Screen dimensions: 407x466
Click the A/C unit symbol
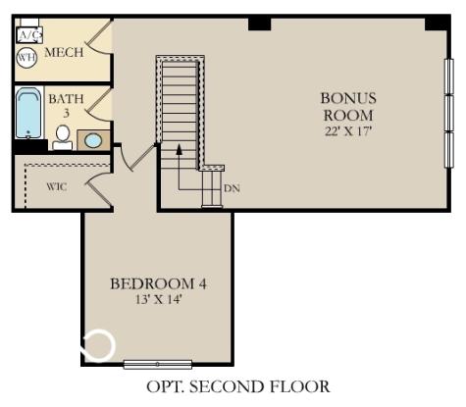click(28, 35)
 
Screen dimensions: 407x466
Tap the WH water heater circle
click(26, 58)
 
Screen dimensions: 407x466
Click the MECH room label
click(63, 52)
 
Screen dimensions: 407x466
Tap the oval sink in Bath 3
click(94, 140)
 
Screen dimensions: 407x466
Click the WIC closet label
click(57, 186)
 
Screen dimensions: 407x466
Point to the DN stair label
click(232, 187)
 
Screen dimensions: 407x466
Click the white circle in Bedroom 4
click(98, 345)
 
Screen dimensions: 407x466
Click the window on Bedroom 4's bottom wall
click(158, 365)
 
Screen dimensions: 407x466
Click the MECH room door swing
click(99, 40)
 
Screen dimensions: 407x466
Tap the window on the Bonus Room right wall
click(449, 111)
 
